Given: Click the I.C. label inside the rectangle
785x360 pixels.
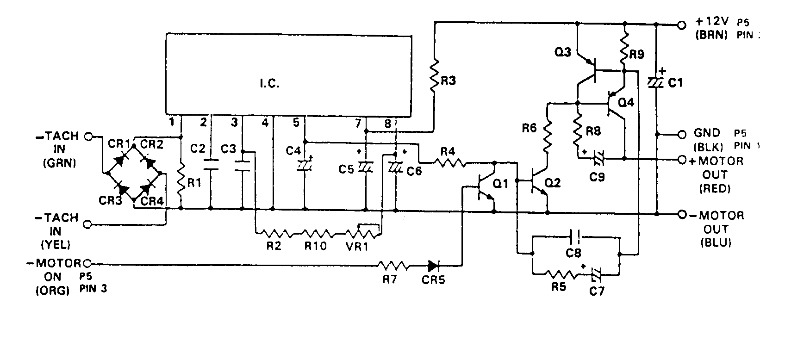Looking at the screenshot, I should click(x=268, y=85).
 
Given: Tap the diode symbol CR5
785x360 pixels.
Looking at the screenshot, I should click(x=433, y=266).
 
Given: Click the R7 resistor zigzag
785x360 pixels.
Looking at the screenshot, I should click(x=393, y=266).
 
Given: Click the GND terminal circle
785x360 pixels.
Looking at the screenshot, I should click(x=681, y=135).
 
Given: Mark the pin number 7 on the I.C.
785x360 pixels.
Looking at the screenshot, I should click(x=357, y=123).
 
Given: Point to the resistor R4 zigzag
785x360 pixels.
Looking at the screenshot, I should click(x=450, y=162).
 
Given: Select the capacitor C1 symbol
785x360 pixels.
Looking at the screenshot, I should click(x=656, y=82).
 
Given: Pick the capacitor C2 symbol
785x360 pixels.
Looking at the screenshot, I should click(x=211, y=165).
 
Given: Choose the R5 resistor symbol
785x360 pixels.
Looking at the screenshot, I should click(x=561, y=274).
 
